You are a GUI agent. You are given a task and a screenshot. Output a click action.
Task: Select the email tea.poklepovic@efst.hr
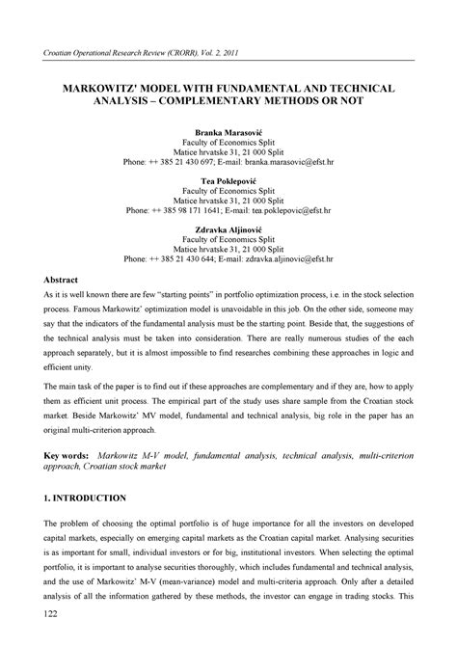(x=290, y=209)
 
